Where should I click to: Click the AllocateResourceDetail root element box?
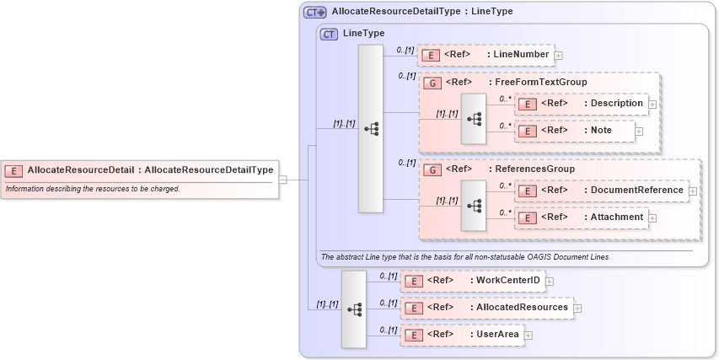139,170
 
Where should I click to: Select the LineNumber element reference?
485,55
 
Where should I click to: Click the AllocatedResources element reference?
486,308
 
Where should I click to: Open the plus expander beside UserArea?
529,336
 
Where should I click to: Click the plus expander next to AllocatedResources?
577,309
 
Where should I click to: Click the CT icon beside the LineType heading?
329,34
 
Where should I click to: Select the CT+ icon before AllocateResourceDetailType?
315,12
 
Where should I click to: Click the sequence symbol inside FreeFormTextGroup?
474,119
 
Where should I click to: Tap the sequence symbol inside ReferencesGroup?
474,206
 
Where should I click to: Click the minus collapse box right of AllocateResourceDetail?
283,180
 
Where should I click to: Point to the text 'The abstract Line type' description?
464,256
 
